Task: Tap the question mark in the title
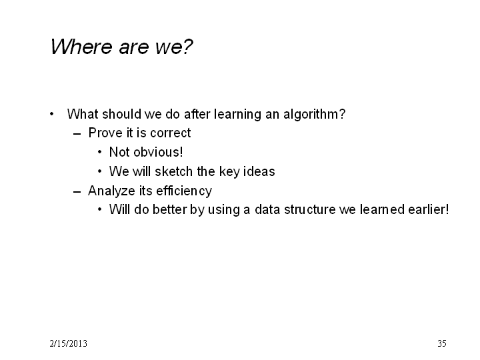187,47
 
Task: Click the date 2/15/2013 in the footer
68,343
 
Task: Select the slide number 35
442,343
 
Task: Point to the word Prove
105,133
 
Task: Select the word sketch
174,171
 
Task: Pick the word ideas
259,171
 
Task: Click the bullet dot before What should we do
52,114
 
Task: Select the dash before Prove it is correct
77,134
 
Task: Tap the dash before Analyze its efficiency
77,192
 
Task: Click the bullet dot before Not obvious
99,152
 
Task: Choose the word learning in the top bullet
237,115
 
